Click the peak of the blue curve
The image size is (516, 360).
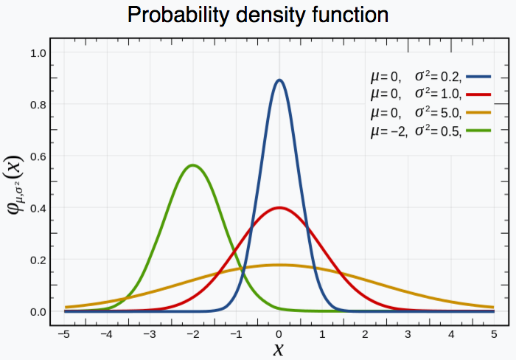[x=279, y=80]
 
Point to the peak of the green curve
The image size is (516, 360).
[x=193, y=165]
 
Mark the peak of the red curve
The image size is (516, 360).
[x=279, y=208]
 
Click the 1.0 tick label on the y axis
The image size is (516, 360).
[x=39, y=53]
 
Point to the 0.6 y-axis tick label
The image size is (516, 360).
[x=39, y=156]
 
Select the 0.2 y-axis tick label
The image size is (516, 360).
[x=39, y=260]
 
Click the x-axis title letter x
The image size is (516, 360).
[x=279, y=348]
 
